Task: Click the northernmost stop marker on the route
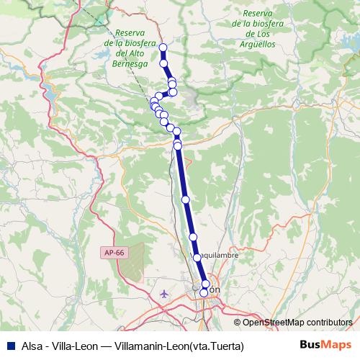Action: click(x=163, y=48)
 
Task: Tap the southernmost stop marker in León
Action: click(x=204, y=292)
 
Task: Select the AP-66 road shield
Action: click(x=113, y=252)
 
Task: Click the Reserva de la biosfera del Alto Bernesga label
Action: click(x=130, y=48)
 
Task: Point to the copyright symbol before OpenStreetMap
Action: click(x=238, y=322)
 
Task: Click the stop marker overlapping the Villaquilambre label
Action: click(x=197, y=257)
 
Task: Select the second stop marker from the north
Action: click(x=164, y=64)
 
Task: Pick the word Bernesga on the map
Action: click(x=130, y=63)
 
